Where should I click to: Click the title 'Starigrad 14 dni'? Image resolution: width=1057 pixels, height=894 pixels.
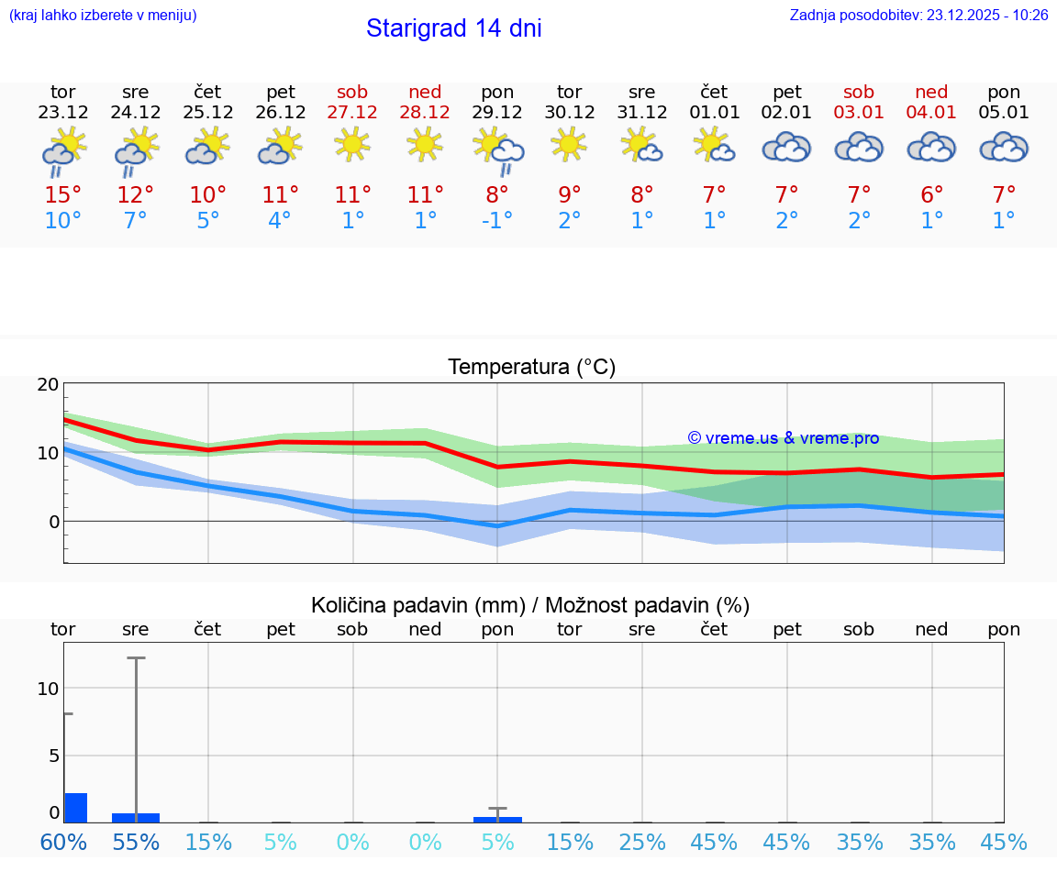click(x=453, y=28)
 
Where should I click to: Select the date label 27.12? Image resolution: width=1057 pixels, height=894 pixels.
click(x=352, y=112)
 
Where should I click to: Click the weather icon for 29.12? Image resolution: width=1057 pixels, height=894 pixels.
click(x=497, y=149)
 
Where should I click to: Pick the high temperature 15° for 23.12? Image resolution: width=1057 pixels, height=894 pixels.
click(x=63, y=195)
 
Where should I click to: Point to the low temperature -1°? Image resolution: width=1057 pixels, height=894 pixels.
click(x=497, y=221)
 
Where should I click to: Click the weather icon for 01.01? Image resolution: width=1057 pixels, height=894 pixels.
click(x=714, y=146)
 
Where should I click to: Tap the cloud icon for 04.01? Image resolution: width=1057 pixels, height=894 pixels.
click(x=931, y=147)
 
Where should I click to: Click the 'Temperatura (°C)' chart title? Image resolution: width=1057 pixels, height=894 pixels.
click(x=531, y=368)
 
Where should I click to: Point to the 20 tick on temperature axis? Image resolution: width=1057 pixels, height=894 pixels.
click(x=48, y=385)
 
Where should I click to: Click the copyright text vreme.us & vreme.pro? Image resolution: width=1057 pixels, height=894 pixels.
click(x=783, y=438)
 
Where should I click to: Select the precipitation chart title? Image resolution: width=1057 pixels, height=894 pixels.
click(x=530, y=605)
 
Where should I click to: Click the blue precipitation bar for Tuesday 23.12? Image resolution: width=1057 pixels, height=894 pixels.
click(x=76, y=808)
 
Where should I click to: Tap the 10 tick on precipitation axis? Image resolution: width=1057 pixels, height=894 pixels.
click(x=48, y=689)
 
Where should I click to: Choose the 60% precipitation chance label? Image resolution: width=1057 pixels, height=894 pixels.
click(x=63, y=842)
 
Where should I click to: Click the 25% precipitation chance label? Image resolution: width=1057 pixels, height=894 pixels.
click(x=641, y=842)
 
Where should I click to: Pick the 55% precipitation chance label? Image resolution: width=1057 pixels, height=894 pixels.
click(x=136, y=842)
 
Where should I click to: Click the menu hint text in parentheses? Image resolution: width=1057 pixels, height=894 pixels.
click(x=103, y=15)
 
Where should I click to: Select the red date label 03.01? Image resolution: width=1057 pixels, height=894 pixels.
click(x=859, y=112)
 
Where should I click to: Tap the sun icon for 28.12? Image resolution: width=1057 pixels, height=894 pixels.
click(x=425, y=144)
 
